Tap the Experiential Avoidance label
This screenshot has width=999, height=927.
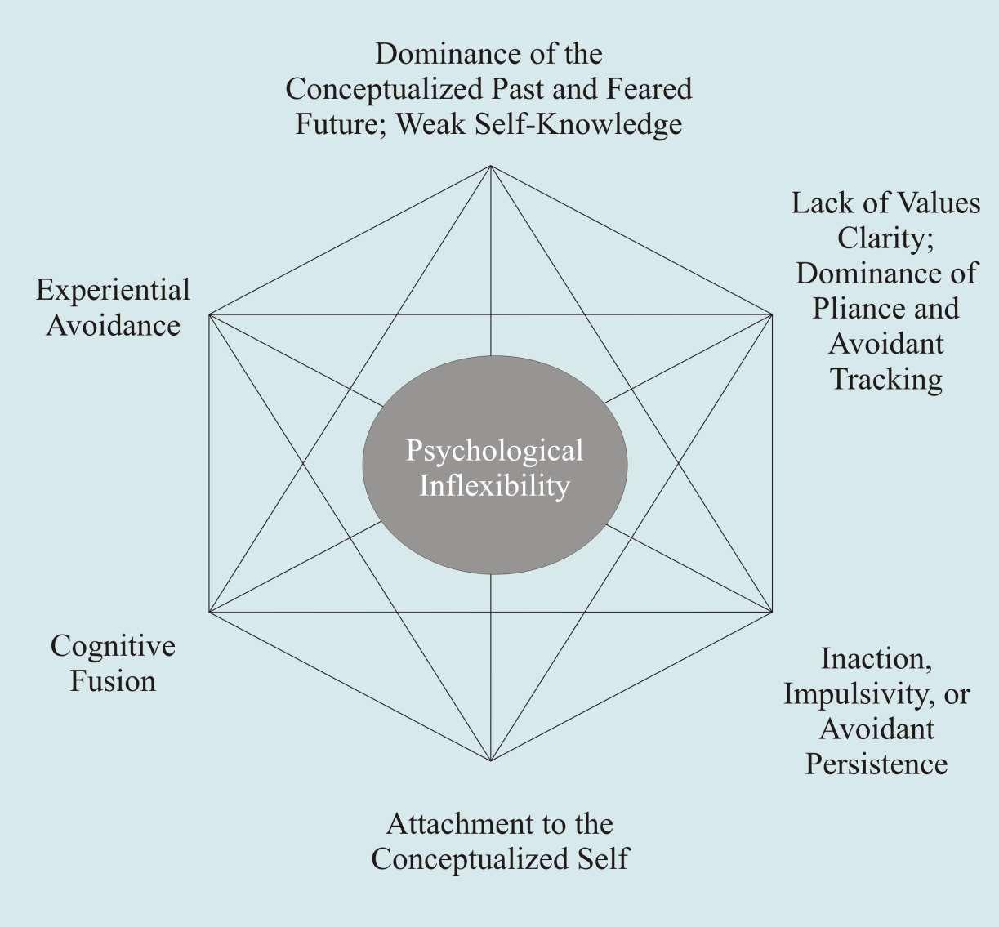coord(113,308)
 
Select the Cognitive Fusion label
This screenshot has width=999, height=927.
coord(113,663)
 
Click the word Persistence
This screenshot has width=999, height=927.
coord(876,764)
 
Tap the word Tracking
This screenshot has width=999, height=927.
coord(886,379)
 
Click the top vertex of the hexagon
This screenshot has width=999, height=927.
coord(490,166)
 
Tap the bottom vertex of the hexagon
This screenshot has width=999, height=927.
coord(490,760)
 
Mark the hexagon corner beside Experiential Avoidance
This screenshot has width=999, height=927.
coord(210,314)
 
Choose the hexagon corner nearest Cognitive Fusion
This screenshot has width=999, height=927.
coord(210,612)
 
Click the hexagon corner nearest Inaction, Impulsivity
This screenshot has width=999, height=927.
coord(773,612)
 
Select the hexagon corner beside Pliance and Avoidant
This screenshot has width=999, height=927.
coord(773,314)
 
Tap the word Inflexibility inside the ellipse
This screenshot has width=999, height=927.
coord(494,486)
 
